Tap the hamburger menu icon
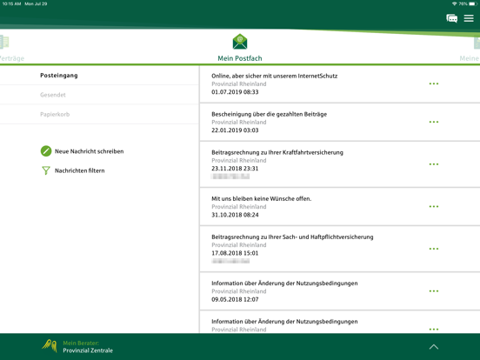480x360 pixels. click(x=469, y=18)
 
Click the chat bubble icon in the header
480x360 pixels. click(x=451, y=18)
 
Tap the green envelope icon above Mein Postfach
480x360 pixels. click(x=240, y=42)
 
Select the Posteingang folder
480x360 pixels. click(x=59, y=76)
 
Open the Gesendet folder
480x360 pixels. click(x=53, y=95)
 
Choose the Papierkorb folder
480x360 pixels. click(x=55, y=114)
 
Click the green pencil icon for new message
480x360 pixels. click(x=46, y=151)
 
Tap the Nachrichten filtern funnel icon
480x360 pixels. click(x=46, y=170)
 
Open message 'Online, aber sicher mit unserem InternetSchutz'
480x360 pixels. click(x=274, y=76)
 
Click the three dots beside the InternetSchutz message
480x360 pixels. click(x=433, y=83)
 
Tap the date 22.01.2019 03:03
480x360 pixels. click(x=235, y=130)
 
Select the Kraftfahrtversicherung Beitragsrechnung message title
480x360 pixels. click(x=277, y=152)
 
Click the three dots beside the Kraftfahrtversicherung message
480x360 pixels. click(x=433, y=164)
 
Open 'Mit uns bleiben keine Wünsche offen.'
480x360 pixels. click(x=261, y=198)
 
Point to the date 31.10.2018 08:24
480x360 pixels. click(x=235, y=214)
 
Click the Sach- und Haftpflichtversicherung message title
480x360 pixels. click(x=292, y=237)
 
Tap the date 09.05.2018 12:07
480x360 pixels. click(x=235, y=299)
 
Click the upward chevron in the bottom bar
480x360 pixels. click(x=433, y=347)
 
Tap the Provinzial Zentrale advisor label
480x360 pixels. click(x=88, y=350)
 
